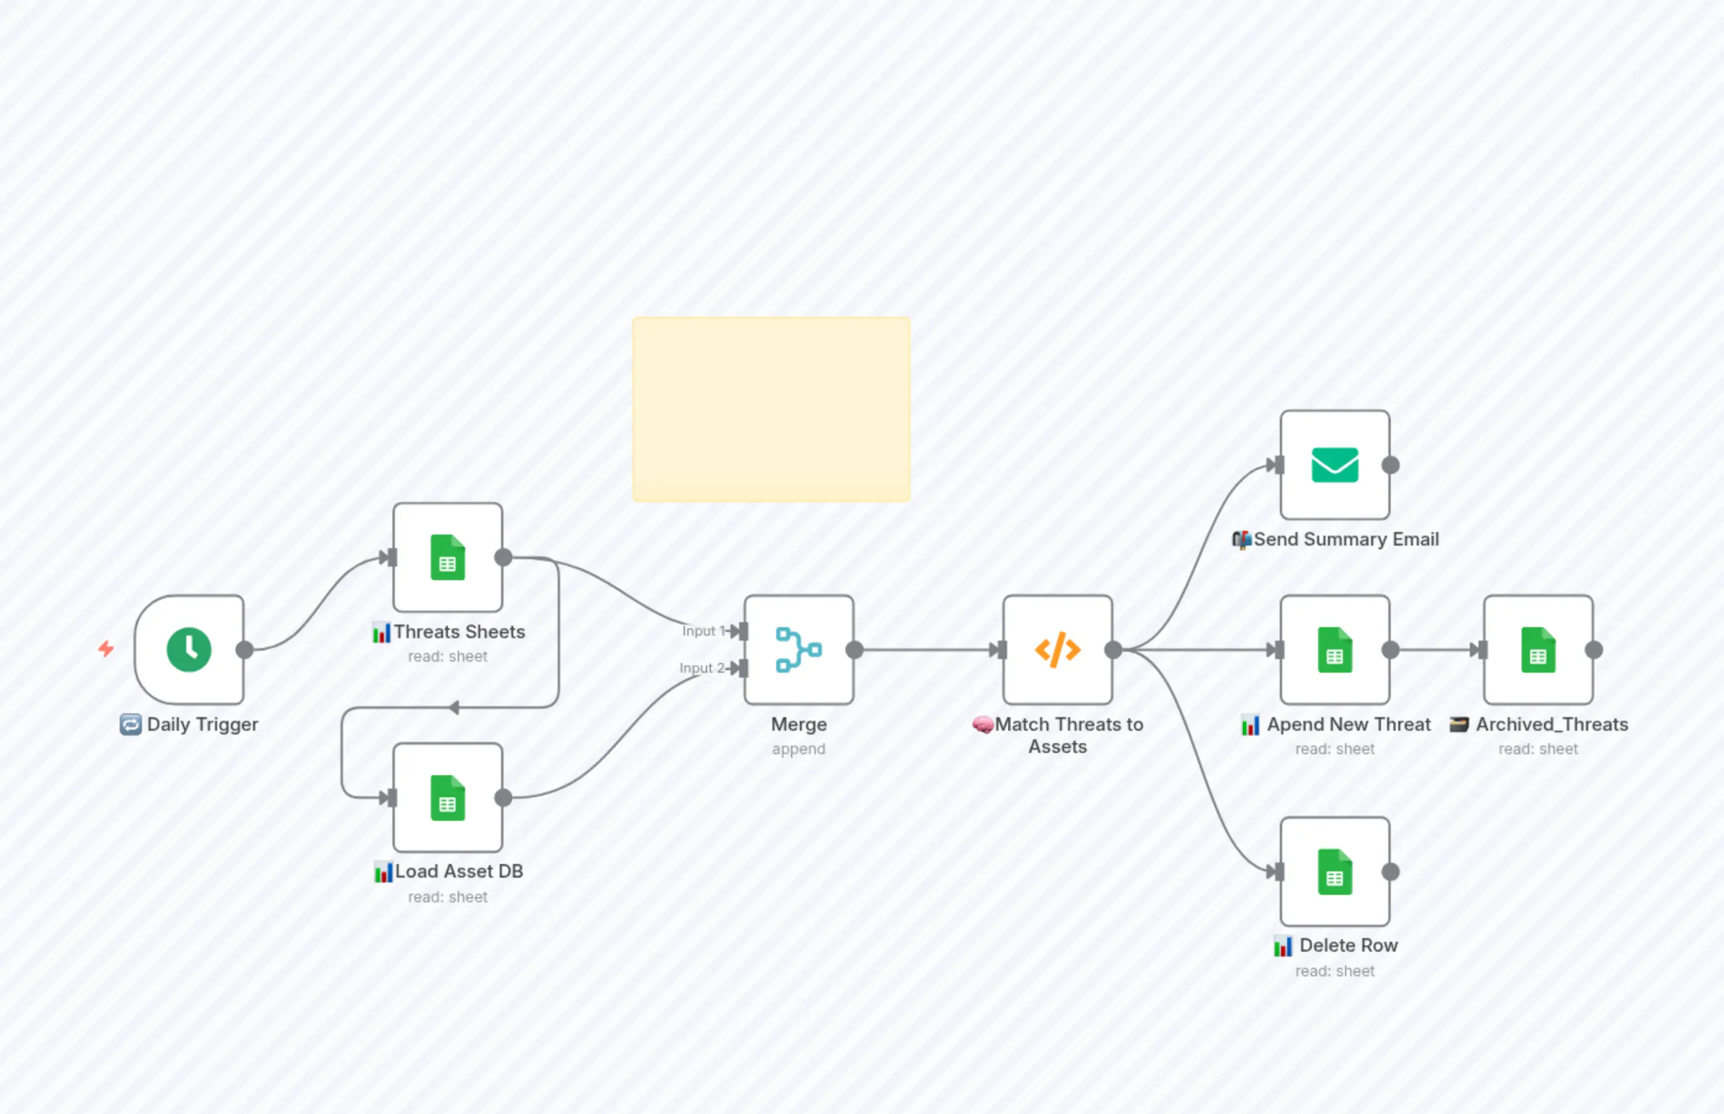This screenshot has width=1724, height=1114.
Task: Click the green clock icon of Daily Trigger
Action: tap(189, 650)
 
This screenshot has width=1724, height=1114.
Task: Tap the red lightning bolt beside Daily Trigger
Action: tap(106, 648)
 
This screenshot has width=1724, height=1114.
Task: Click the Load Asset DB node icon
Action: tap(447, 798)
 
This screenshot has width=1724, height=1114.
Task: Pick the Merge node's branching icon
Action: tap(798, 650)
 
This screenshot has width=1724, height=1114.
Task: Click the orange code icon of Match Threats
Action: tap(1057, 650)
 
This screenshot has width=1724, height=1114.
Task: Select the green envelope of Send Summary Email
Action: tap(1334, 465)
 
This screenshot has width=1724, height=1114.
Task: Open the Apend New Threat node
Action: tap(1334, 650)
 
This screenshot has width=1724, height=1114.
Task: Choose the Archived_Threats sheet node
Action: tap(1538, 650)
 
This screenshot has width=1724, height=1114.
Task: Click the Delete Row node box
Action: tap(1334, 871)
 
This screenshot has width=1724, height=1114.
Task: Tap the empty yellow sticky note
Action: tap(771, 409)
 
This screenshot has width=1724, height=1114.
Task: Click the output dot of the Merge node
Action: tap(855, 650)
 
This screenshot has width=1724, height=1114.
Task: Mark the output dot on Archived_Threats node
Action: tap(1594, 650)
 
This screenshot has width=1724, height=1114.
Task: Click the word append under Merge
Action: tap(798, 749)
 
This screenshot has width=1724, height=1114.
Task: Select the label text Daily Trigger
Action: tap(202, 724)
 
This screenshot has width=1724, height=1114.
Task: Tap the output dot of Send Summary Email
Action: tap(1390, 465)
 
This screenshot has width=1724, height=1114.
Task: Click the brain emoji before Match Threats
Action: tap(982, 724)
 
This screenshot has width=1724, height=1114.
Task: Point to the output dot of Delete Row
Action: tap(1390, 871)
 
